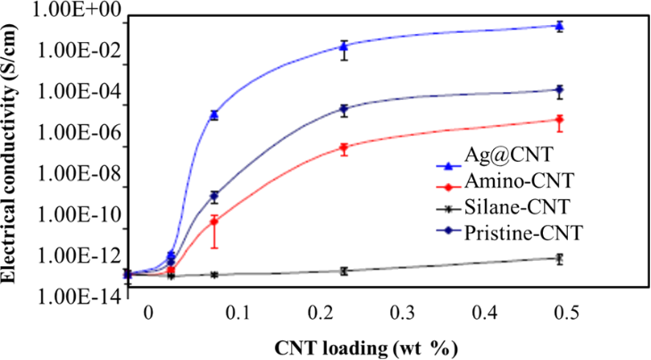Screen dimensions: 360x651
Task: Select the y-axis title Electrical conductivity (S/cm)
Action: (x=12, y=153)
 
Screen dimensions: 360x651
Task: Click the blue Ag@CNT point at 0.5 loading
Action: (x=559, y=26)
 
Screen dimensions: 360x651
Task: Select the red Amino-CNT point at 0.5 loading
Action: (x=559, y=119)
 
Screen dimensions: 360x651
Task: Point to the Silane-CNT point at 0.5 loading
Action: (x=559, y=258)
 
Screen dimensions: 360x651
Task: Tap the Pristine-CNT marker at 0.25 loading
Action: (x=344, y=109)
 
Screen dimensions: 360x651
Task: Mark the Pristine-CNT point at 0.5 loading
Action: (x=559, y=89)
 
